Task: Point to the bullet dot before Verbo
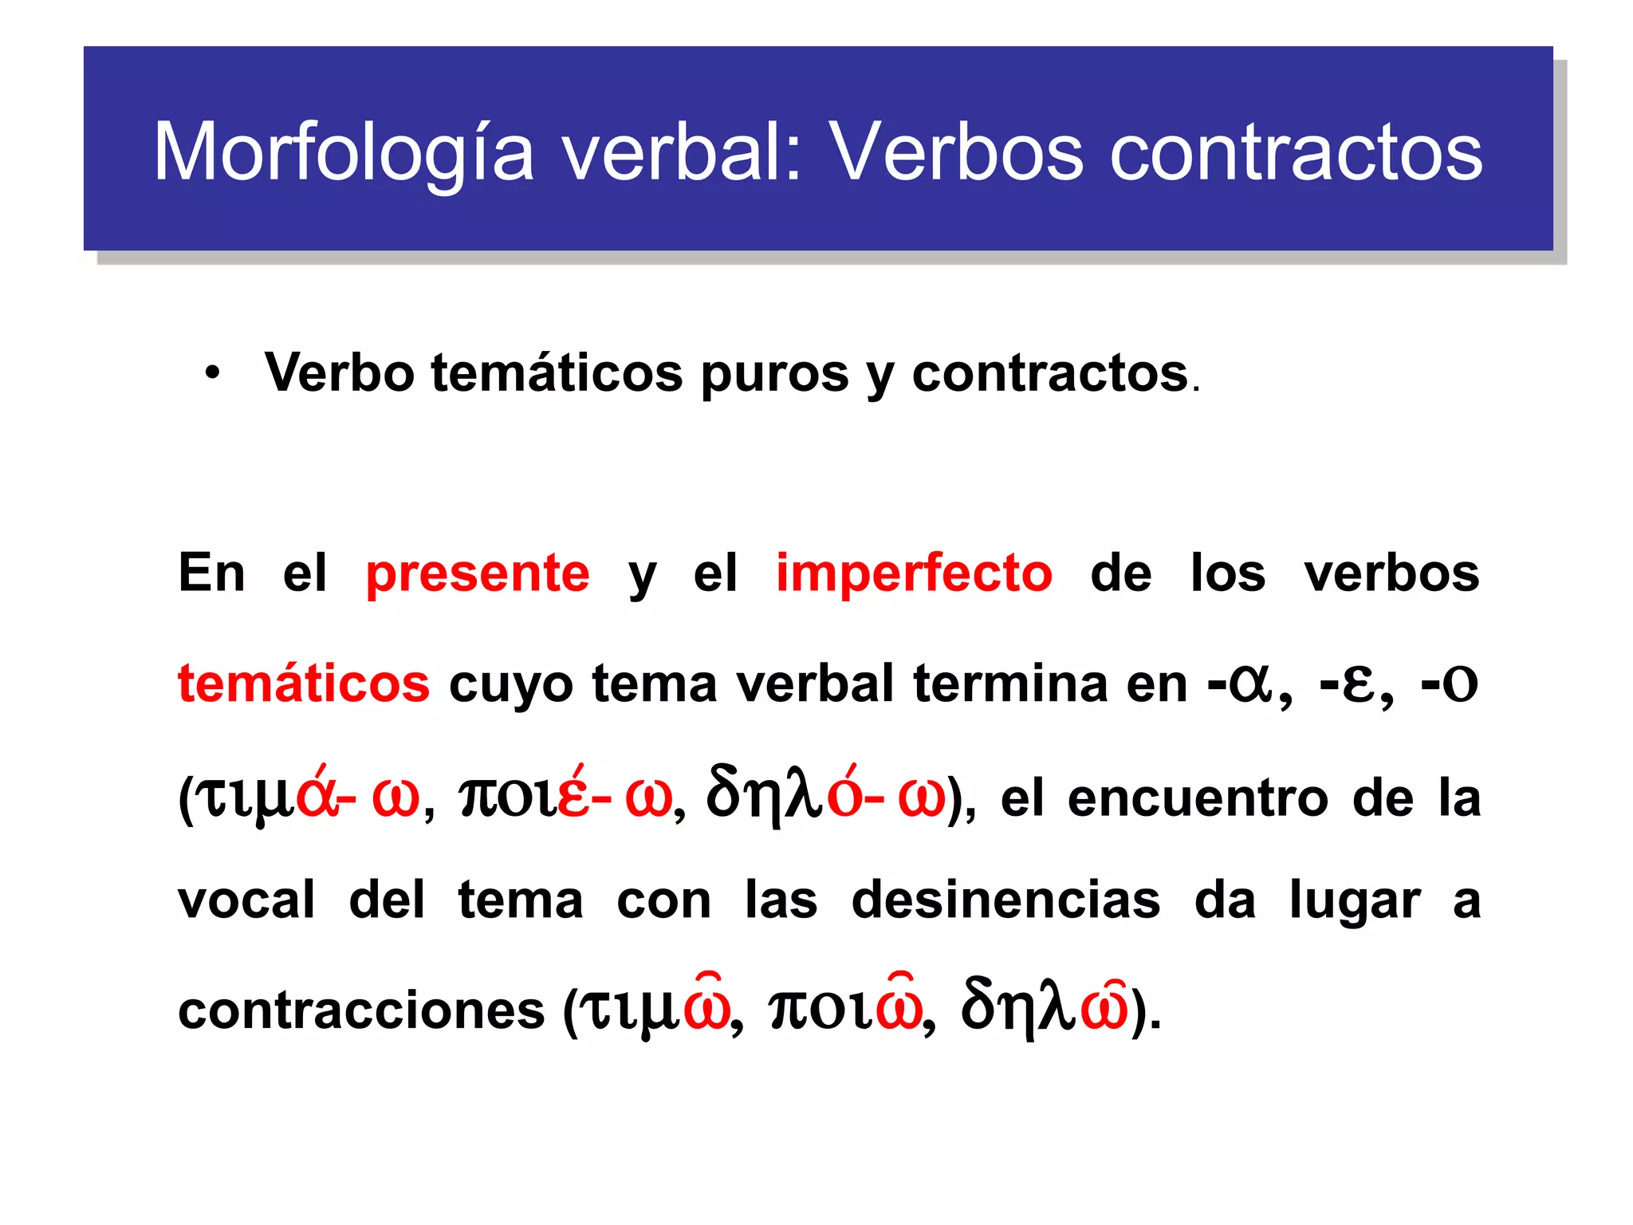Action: tap(212, 372)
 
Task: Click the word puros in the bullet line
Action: tap(774, 372)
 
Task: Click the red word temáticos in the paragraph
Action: tap(303, 683)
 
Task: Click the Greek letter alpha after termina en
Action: tap(1252, 683)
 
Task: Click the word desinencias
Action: tap(1005, 900)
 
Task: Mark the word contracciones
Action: tap(361, 1010)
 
